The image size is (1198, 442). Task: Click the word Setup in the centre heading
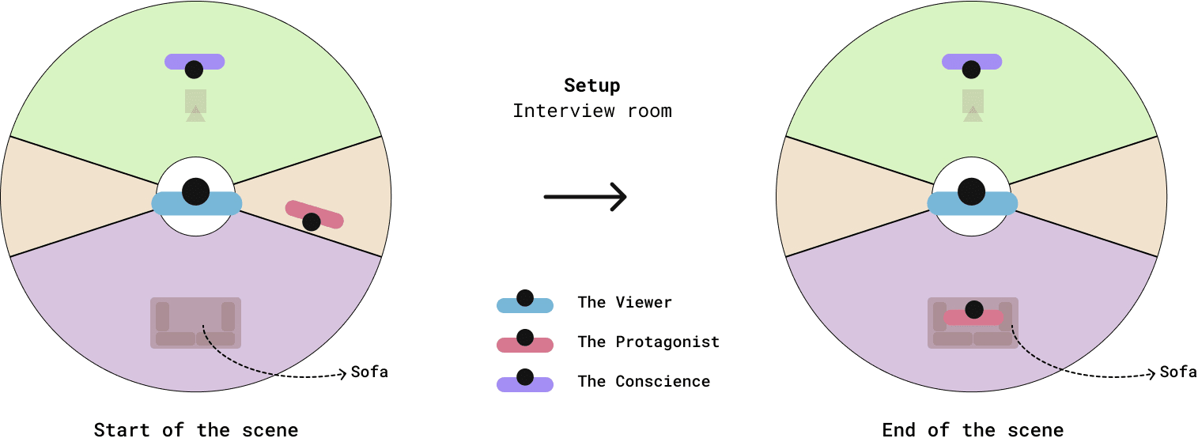[x=591, y=85]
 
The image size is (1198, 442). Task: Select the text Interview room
[x=591, y=111]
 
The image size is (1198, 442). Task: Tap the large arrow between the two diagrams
[x=585, y=197]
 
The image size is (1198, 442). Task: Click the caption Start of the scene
[x=196, y=430]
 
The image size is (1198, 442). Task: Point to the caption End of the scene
[x=973, y=430]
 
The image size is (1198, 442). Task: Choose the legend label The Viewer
[x=625, y=302]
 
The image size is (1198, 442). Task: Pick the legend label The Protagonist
[x=648, y=342]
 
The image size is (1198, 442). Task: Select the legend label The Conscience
[x=644, y=381]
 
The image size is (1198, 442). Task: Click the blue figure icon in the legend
[x=524, y=302]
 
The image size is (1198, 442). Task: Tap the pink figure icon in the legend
[x=524, y=342]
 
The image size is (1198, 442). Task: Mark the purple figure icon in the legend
[x=524, y=381]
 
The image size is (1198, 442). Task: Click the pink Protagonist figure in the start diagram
[x=314, y=215]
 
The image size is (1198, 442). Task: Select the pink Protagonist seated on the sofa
[x=974, y=315]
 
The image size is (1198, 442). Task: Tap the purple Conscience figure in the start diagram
[x=195, y=63]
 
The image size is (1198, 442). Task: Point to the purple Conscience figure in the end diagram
[x=972, y=63]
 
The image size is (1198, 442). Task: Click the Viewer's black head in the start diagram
[x=195, y=191]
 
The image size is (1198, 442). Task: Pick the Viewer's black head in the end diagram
[x=971, y=191]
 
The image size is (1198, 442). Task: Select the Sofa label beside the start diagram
[x=369, y=372]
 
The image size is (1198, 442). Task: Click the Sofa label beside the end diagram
[x=1178, y=372]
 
